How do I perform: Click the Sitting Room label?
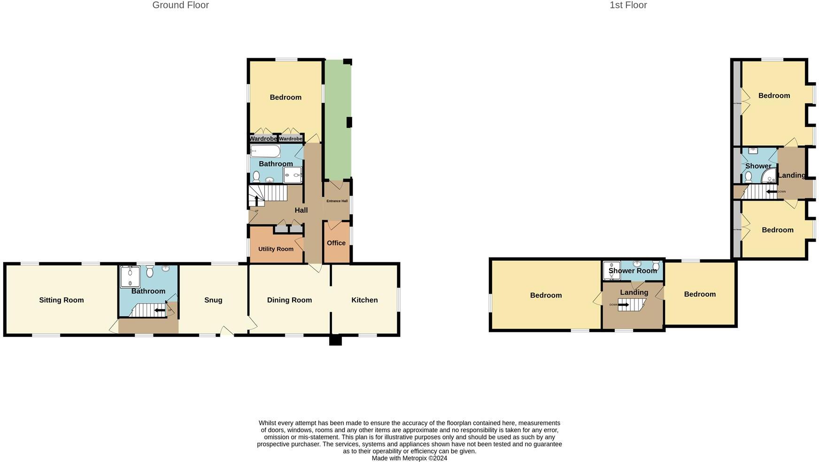(x=62, y=300)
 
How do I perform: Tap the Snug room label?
(x=213, y=300)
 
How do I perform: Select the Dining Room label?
(x=289, y=300)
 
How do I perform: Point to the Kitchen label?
(x=364, y=300)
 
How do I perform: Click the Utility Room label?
(x=276, y=249)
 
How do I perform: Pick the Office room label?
(x=336, y=243)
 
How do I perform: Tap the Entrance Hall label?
(x=337, y=201)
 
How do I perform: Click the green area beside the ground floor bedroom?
(x=338, y=117)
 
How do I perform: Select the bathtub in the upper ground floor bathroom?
(x=265, y=151)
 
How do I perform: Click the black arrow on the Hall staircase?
(x=256, y=200)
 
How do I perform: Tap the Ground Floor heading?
(x=180, y=5)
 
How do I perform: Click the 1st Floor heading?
(x=628, y=5)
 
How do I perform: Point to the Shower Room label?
(x=633, y=271)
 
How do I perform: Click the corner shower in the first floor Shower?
(x=769, y=176)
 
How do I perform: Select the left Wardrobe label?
(x=263, y=139)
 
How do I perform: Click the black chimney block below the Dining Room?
(x=335, y=340)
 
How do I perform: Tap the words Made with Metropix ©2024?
(x=409, y=458)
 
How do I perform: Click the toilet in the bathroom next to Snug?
(x=150, y=271)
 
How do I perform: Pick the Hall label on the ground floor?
(x=301, y=210)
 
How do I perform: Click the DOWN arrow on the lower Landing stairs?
(x=623, y=305)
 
